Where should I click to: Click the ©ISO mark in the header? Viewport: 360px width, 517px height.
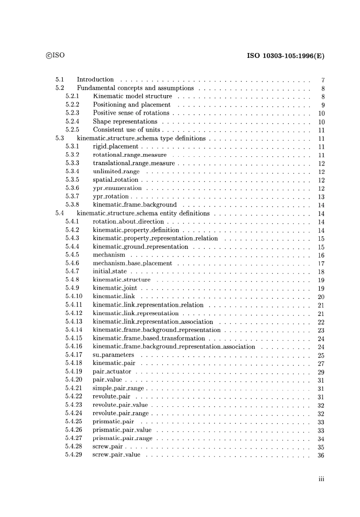[x=55, y=55]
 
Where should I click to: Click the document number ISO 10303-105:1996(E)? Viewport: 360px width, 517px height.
[x=285, y=56]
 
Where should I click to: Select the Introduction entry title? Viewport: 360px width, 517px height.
[x=95, y=80]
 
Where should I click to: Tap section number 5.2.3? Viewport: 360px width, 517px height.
[x=72, y=113]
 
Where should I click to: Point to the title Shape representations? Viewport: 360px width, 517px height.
[x=125, y=122]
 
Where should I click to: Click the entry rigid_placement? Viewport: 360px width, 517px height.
[x=116, y=147]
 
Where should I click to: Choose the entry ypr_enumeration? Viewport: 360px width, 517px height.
[x=117, y=189]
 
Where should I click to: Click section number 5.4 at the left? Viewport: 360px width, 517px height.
[x=59, y=214]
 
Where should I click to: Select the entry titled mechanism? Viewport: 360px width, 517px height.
[x=109, y=255]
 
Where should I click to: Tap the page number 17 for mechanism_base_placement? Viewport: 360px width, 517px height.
[x=321, y=264]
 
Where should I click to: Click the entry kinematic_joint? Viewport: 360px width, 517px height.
[x=115, y=288]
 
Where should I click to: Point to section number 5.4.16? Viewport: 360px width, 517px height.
[x=74, y=347]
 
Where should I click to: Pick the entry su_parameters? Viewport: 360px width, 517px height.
[x=113, y=355]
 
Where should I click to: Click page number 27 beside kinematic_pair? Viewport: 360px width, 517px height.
[x=321, y=364]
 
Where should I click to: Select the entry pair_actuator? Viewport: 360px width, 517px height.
[x=112, y=372]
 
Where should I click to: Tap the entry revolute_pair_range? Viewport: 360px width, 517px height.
[x=121, y=413]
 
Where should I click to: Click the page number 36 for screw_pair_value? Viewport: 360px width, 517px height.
[x=321, y=456]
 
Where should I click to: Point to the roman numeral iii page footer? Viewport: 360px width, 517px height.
[x=321, y=479]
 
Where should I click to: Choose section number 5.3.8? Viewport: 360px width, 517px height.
[x=72, y=205]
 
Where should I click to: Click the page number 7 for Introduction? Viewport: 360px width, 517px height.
[x=323, y=80]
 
